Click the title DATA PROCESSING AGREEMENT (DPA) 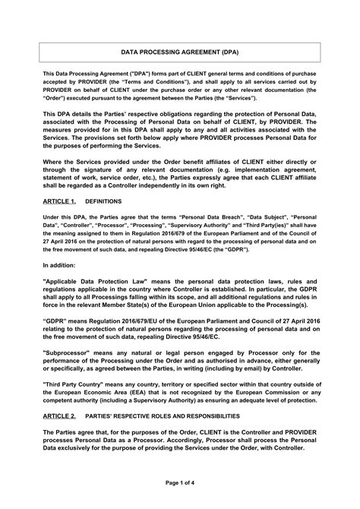[180, 53]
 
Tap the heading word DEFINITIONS [100, 204]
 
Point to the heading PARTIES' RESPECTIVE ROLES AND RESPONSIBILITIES [167, 417]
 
